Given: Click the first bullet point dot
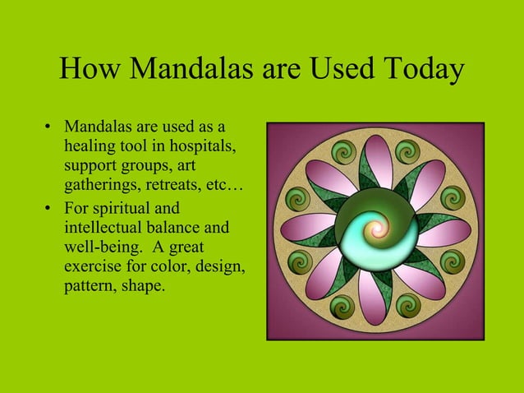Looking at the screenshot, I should pos(48,128).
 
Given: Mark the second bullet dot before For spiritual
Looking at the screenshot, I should pos(48,208).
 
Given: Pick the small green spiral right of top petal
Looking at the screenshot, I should pos(407,152).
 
